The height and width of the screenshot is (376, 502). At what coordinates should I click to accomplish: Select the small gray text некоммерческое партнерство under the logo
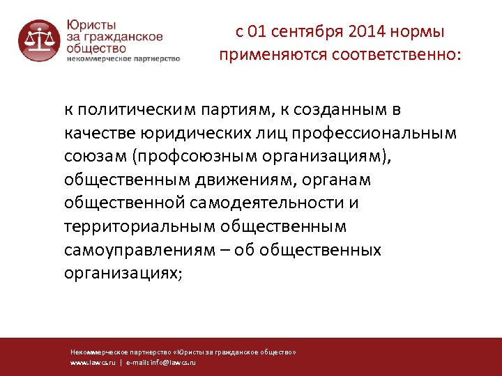coord(123,59)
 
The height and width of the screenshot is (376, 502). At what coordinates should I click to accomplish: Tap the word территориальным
coord(139,226)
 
